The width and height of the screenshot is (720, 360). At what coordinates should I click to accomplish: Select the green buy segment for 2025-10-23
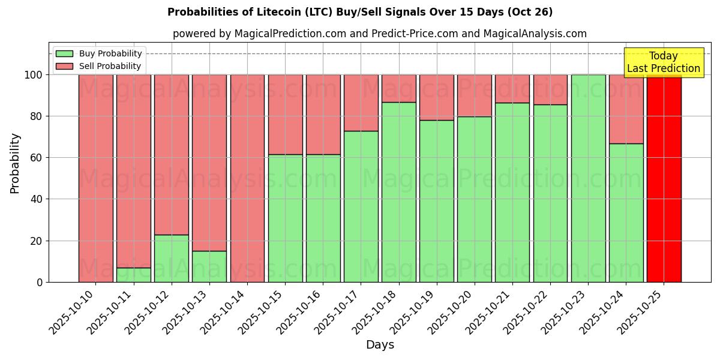(x=588, y=178)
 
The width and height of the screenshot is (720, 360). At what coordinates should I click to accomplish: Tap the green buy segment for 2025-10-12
(x=172, y=259)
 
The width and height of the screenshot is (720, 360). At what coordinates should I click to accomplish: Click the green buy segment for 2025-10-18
(x=399, y=192)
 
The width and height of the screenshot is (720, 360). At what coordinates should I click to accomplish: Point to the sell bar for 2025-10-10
(x=96, y=178)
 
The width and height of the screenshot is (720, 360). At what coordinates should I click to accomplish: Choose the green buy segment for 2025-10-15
(x=285, y=218)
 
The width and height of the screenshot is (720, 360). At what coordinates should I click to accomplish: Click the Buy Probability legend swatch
(x=64, y=54)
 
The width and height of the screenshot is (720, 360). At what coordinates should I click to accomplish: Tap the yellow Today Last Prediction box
(x=663, y=62)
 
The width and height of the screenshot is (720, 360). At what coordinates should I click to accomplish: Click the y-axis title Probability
(x=15, y=163)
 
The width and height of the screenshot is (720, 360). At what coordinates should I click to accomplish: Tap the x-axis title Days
(x=380, y=345)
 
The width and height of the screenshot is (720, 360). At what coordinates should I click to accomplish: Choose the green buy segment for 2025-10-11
(x=134, y=275)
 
